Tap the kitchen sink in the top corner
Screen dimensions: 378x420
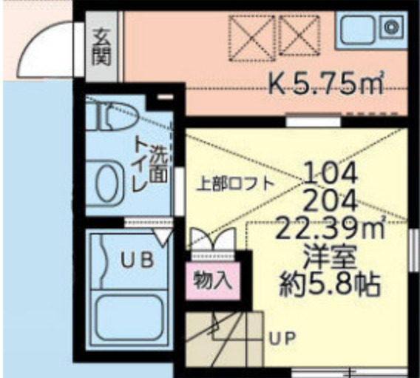point(370,30)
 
